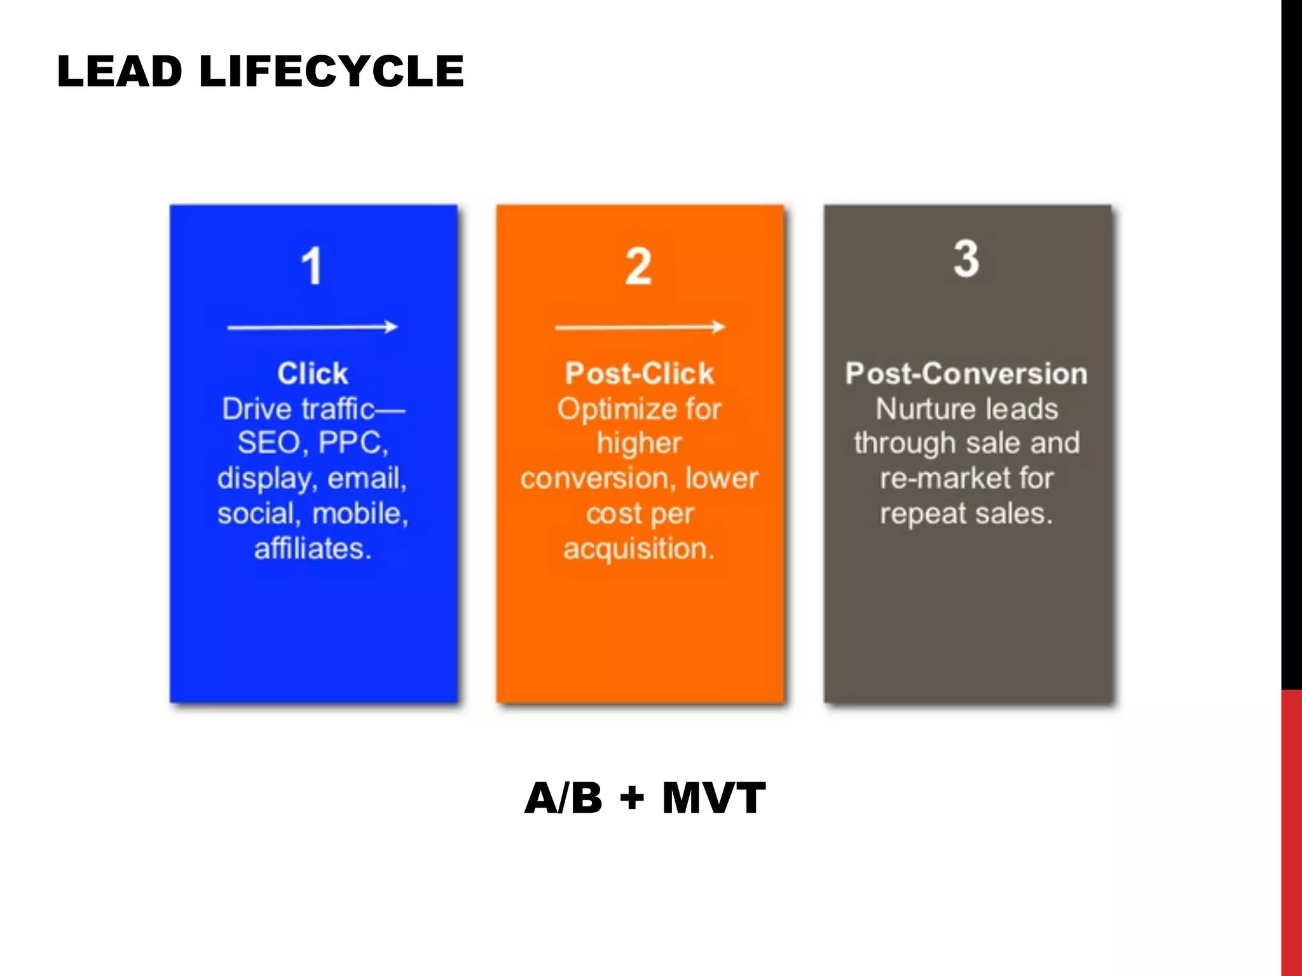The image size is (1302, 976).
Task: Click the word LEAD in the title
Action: pyautogui.click(x=120, y=71)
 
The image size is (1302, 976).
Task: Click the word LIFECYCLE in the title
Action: pyautogui.click(x=331, y=71)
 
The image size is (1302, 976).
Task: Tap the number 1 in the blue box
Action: pyautogui.click(x=312, y=266)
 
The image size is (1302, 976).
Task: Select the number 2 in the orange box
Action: pyautogui.click(x=638, y=266)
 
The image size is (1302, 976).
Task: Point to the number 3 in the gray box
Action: pyautogui.click(x=966, y=259)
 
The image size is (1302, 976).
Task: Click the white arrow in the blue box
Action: pyautogui.click(x=312, y=327)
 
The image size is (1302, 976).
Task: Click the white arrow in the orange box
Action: pyautogui.click(x=640, y=327)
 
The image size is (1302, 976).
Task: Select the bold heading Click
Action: pyautogui.click(x=312, y=374)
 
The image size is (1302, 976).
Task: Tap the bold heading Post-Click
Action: pyautogui.click(x=640, y=374)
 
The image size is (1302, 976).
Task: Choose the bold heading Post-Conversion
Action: pyautogui.click(x=966, y=374)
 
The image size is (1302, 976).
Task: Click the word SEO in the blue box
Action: pyautogui.click(x=269, y=443)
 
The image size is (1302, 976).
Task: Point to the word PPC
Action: pyautogui.click(x=352, y=443)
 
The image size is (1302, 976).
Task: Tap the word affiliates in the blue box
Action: pyautogui.click(x=312, y=548)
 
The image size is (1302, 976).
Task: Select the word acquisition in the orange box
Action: pyautogui.click(x=638, y=548)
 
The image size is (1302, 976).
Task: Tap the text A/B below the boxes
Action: pyautogui.click(x=563, y=798)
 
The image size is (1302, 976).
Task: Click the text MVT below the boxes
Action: pyautogui.click(x=713, y=798)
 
